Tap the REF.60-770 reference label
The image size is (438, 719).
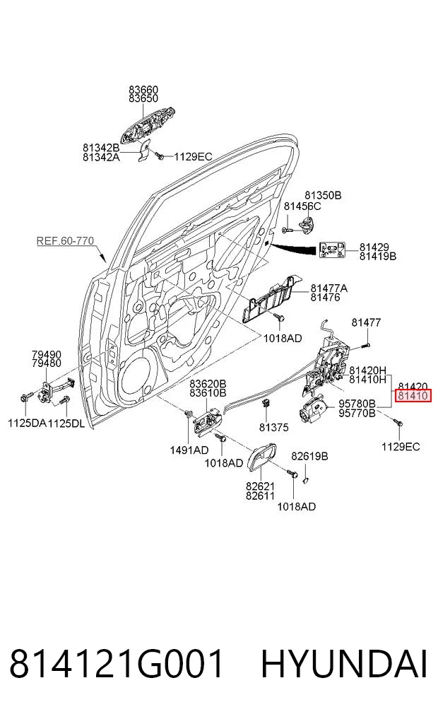tap(65, 241)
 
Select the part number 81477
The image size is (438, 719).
tap(366, 322)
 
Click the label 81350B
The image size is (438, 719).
tap(323, 195)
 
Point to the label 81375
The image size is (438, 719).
tap(273, 427)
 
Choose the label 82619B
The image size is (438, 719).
tap(309, 456)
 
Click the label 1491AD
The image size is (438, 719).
tap(189, 450)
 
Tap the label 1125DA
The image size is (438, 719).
tap(27, 423)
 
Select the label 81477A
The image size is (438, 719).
tap(329, 288)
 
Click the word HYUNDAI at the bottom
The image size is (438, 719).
tap(344, 664)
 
